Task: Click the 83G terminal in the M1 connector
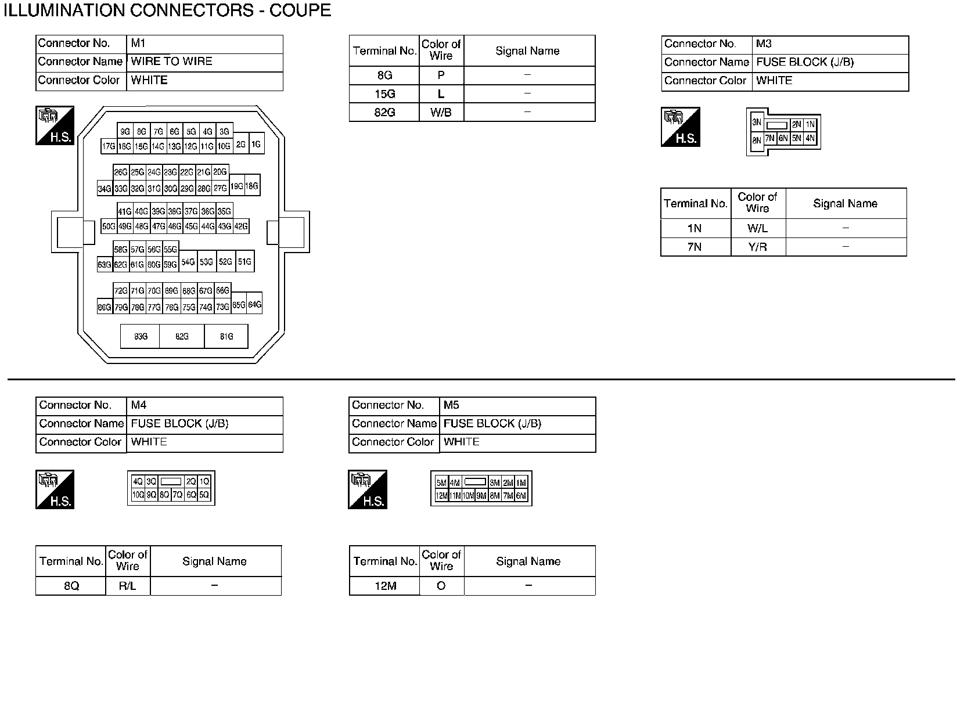(x=141, y=336)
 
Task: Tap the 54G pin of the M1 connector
(x=188, y=262)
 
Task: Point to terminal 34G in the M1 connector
(x=105, y=188)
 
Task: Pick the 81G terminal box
(x=226, y=336)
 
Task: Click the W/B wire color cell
(x=441, y=112)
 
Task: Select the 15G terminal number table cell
(x=384, y=93)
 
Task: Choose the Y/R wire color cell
(x=757, y=247)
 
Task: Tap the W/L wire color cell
(x=757, y=228)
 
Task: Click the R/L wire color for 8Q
(x=127, y=586)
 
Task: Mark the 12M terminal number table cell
(x=384, y=586)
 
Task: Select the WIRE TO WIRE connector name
(x=172, y=62)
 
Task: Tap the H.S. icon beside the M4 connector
(x=55, y=489)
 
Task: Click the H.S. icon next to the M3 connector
(x=680, y=127)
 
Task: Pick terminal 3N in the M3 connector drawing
(x=757, y=123)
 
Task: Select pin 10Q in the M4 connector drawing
(x=138, y=495)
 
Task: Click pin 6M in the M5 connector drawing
(x=521, y=496)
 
